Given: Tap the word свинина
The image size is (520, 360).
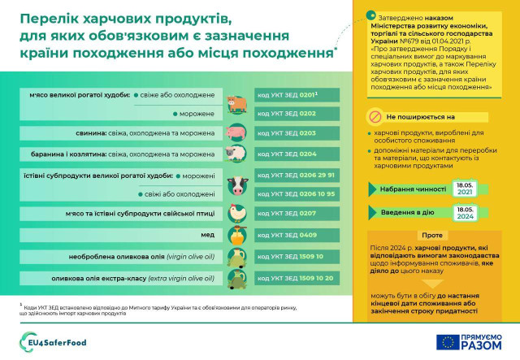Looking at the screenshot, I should (x=94, y=132).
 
